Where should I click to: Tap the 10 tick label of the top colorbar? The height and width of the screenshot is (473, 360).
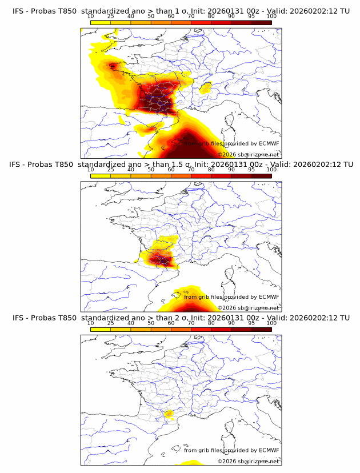point(91,17)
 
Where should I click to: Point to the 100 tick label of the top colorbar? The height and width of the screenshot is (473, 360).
point(271,17)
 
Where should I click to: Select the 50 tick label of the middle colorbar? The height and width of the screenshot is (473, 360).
point(151,170)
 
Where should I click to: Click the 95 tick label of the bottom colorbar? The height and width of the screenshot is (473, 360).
point(251,323)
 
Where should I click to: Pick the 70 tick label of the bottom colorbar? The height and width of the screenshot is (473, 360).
point(191,323)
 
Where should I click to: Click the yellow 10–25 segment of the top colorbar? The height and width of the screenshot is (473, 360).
point(101,22)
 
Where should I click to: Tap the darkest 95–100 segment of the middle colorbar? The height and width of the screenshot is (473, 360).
point(261,175)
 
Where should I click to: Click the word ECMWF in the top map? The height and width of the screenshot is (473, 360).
point(269,144)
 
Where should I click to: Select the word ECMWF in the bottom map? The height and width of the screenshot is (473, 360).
point(269,450)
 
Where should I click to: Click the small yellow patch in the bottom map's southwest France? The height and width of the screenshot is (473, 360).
point(168,415)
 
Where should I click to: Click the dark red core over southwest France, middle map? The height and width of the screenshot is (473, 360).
point(159,260)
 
